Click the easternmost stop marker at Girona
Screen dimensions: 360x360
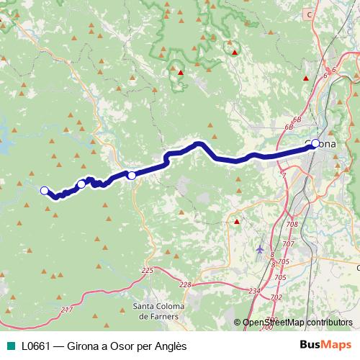[315, 143]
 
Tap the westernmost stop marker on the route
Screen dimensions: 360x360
[44, 190]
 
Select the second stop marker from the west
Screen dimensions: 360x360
[81, 184]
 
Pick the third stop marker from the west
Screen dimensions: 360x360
[131, 175]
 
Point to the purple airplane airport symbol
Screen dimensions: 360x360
[259, 249]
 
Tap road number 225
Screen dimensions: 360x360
[148, 270]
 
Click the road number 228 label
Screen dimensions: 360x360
[186, 285]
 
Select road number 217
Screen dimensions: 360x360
[67, 310]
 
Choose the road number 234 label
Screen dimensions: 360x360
[253, 291]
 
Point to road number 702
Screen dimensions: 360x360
[276, 296]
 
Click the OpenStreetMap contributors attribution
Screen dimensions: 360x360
[297, 323]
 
